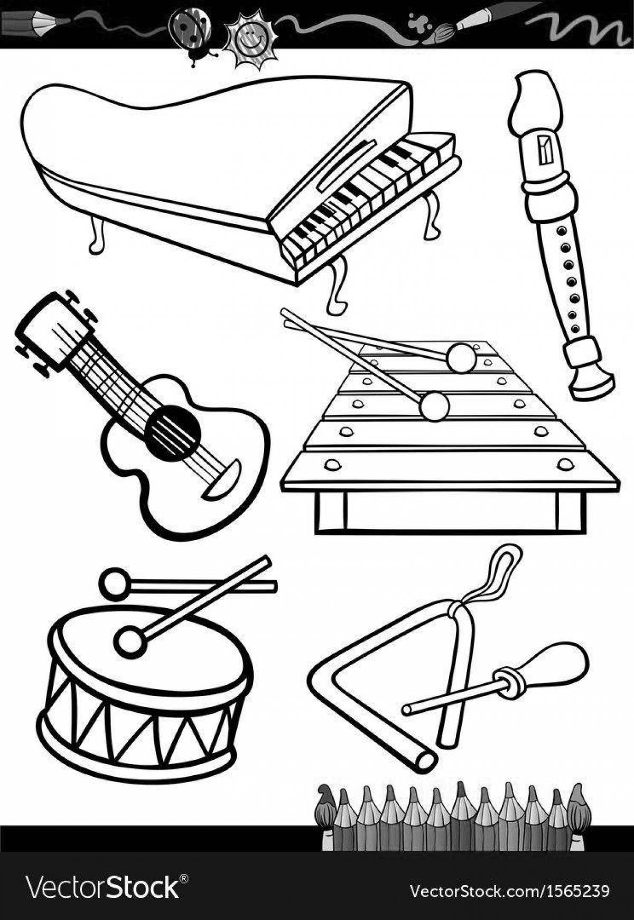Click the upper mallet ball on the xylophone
(x=461, y=357)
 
